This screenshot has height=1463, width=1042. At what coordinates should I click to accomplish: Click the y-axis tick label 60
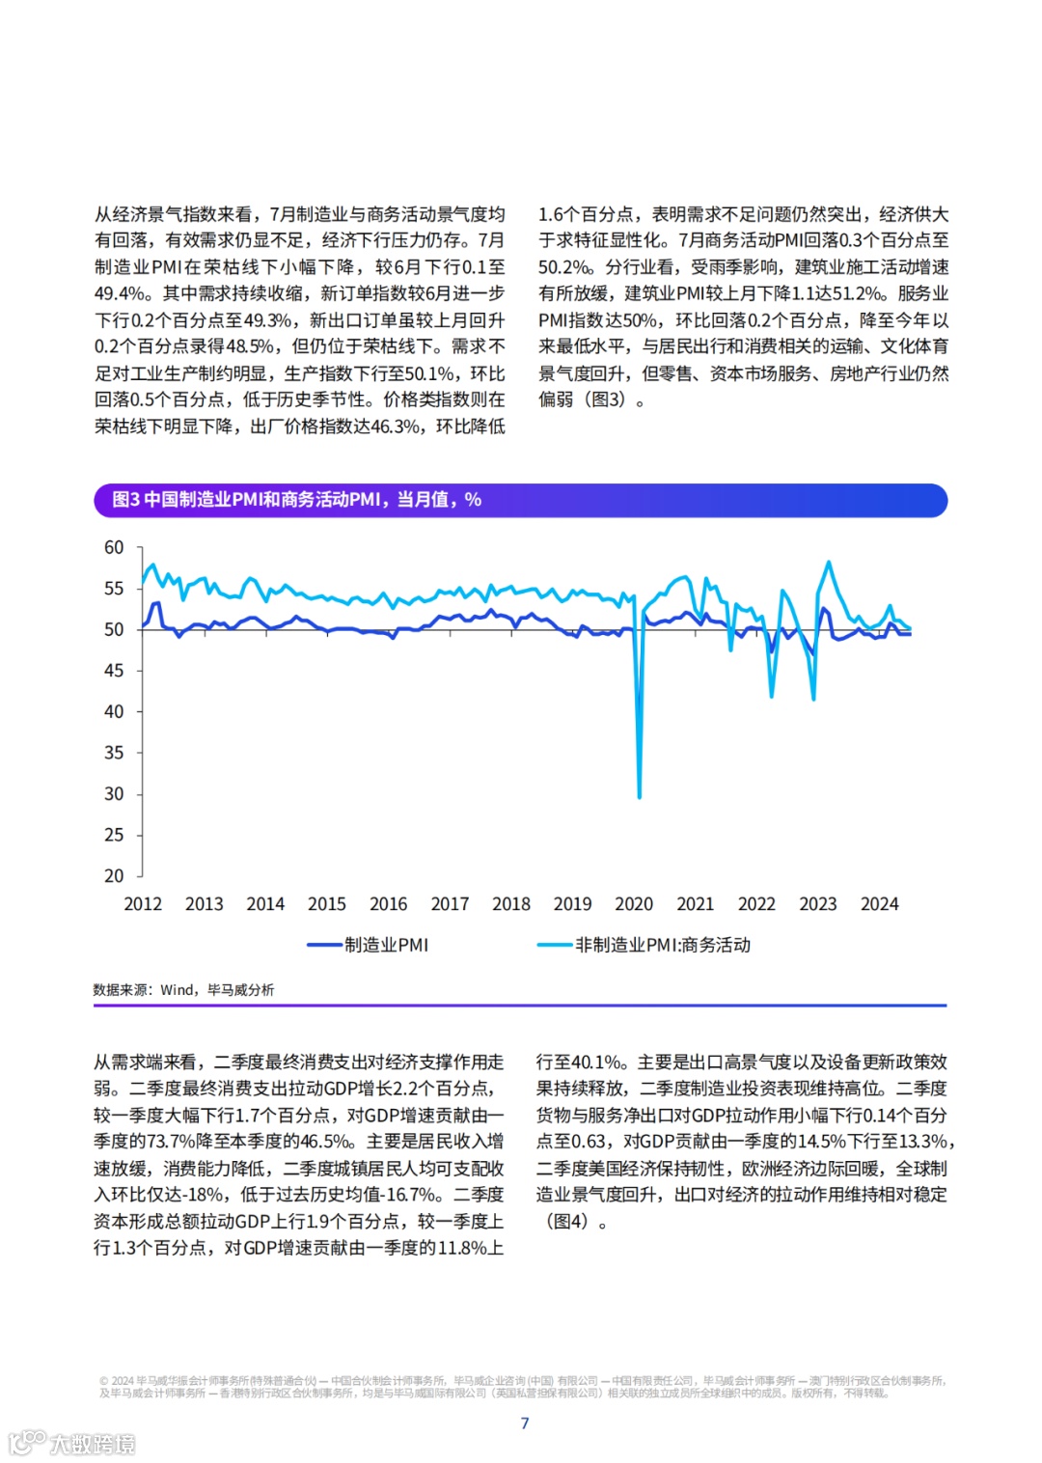[x=114, y=547]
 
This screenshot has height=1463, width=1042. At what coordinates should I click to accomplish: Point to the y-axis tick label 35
[x=114, y=753]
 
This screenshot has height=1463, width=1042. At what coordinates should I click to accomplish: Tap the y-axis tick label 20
[x=114, y=875]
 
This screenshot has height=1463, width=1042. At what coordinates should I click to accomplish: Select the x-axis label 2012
[x=143, y=904]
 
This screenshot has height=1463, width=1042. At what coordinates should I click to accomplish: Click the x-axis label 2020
[x=634, y=904]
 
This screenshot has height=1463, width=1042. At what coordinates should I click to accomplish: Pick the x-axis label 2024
[x=879, y=904]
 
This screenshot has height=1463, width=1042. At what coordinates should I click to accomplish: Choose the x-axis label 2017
[x=450, y=904]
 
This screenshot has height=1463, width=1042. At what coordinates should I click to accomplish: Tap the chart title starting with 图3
[x=297, y=500]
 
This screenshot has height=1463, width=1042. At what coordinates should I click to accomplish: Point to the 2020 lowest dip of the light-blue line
[x=640, y=796]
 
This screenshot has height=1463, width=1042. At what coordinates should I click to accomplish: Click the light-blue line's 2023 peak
[x=828, y=563]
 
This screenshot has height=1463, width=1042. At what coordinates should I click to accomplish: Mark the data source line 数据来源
[x=183, y=989]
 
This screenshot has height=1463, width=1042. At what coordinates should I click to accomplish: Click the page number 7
[x=525, y=1422]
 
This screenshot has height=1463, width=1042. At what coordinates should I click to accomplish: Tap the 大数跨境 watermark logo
[x=72, y=1443]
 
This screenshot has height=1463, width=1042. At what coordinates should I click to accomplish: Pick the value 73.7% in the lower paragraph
[x=170, y=1142]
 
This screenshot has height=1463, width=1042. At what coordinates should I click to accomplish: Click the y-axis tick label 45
[x=114, y=671]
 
